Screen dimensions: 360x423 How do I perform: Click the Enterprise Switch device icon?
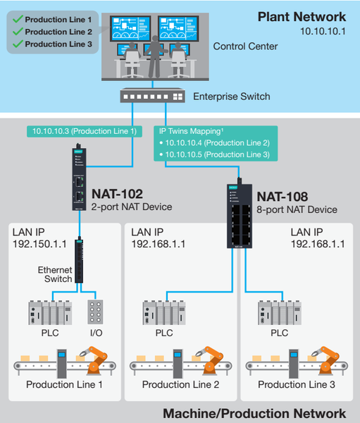[152, 95]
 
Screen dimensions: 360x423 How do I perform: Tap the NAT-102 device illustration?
[79, 178]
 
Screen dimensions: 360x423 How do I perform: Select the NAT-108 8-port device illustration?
[240, 214]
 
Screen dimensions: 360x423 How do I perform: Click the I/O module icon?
[95, 312]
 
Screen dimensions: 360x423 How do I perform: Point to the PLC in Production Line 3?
[280, 312]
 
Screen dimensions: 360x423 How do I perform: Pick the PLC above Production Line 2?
[164, 312]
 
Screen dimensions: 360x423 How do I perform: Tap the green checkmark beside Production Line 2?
[18, 32]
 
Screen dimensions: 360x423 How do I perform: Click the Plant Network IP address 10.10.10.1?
[323, 31]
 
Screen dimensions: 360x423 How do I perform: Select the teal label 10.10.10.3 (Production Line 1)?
[85, 131]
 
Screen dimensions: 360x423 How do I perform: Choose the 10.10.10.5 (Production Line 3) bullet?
[215, 154]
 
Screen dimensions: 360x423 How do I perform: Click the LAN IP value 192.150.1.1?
[39, 244]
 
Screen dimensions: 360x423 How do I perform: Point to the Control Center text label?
[245, 47]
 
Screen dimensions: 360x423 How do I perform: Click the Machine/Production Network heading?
[254, 414]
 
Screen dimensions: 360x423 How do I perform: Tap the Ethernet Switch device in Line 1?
[79, 259]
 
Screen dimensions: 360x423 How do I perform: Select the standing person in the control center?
[155, 56]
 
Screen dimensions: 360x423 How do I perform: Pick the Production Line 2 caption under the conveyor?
[180, 384]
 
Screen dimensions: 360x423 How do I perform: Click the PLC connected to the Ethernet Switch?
[50, 312]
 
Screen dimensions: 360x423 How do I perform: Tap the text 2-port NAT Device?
[132, 207]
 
